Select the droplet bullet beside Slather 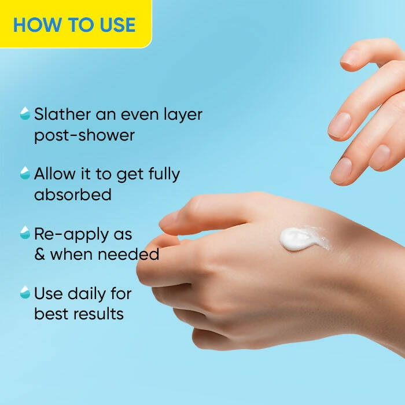tap(25, 113)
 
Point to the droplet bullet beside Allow tap(25, 173)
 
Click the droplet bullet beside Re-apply tap(25, 233)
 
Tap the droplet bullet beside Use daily tap(25, 292)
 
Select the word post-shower tap(84, 135)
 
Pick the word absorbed tap(72, 194)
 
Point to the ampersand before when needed tap(40, 255)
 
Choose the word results tap(97, 314)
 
